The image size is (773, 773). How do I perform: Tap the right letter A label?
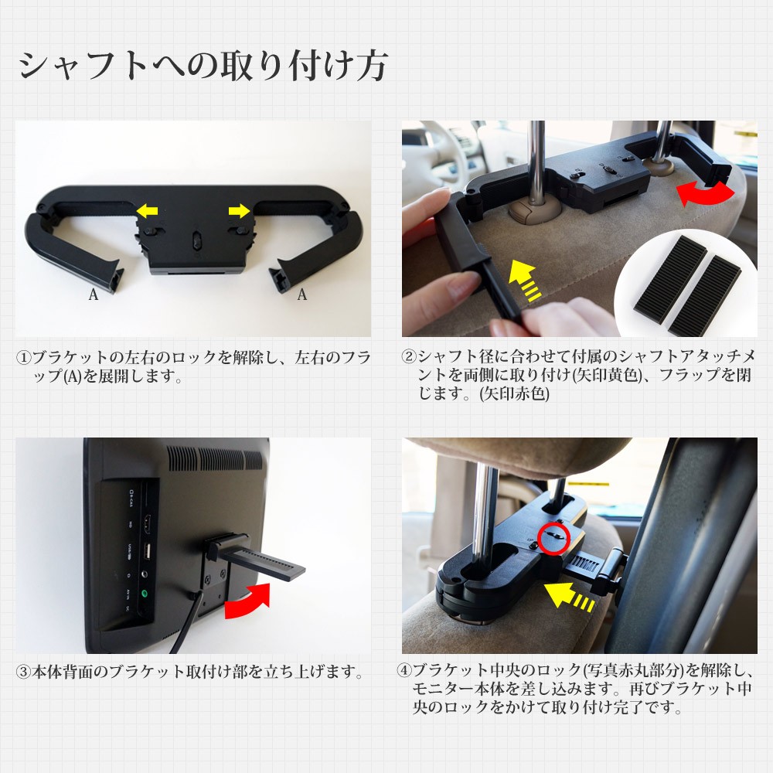click(x=302, y=294)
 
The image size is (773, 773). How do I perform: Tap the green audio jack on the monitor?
click(x=144, y=594)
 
